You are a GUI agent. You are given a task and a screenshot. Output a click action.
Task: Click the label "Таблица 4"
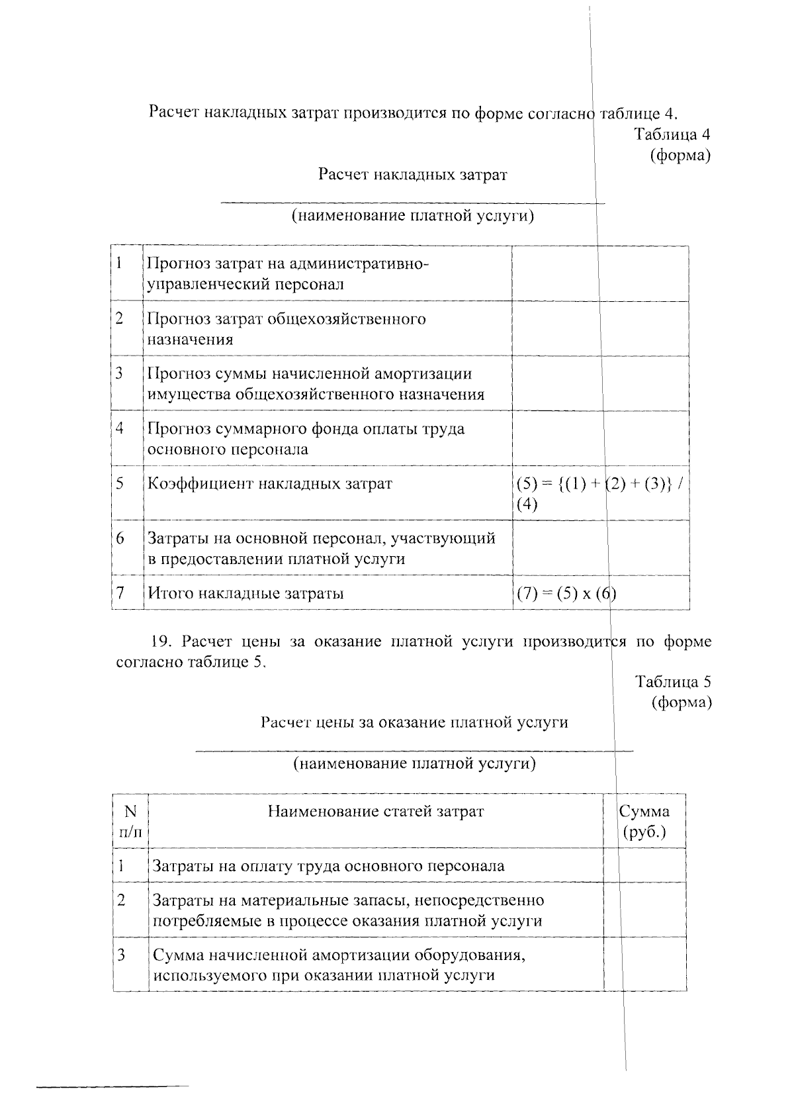(x=672, y=134)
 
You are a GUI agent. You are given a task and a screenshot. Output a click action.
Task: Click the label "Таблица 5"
(x=673, y=681)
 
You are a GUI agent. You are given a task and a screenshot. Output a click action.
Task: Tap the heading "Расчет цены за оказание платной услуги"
(x=414, y=722)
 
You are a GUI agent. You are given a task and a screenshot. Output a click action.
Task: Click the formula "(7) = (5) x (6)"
(x=566, y=593)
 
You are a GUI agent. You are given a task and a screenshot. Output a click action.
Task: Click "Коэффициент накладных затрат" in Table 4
(x=269, y=484)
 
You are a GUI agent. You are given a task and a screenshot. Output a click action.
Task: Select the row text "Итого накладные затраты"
(x=245, y=593)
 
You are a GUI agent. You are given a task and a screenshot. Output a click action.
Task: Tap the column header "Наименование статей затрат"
(x=375, y=812)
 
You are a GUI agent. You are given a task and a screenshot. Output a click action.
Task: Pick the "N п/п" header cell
(x=130, y=821)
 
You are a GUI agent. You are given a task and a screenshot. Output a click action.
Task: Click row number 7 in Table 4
(x=120, y=593)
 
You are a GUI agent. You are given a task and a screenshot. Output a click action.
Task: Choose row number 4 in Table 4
(x=120, y=428)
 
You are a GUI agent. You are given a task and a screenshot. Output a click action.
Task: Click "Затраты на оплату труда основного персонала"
(x=328, y=866)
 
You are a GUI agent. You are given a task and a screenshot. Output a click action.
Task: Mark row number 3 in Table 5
(x=121, y=955)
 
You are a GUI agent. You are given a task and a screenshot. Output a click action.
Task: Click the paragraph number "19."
(x=162, y=642)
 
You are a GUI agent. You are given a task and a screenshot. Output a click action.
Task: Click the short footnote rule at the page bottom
(x=112, y=1086)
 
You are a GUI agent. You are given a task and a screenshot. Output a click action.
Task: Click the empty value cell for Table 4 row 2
(x=600, y=328)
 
